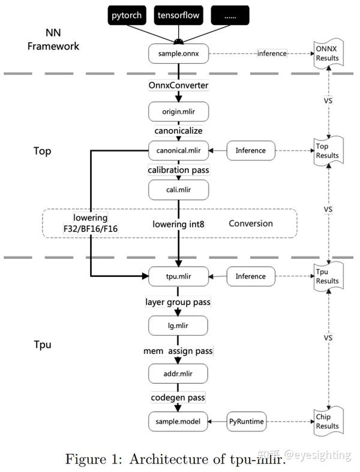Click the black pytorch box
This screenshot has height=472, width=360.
(x=127, y=16)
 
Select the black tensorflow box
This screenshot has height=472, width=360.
(x=178, y=16)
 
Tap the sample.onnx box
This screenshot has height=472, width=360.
(x=178, y=53)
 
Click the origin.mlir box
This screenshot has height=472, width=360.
(x=178, y=112)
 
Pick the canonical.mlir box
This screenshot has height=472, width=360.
(x=178, y=151)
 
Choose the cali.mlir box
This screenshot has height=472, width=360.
(x=178, y=190)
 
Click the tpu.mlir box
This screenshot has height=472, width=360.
(x=178, y=276)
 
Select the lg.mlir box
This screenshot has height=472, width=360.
(x=178, y=325)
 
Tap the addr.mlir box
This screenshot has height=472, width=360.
(x=178, y=374)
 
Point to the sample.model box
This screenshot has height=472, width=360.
(x=178, y=422)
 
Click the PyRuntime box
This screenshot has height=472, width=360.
(x=247, y=422)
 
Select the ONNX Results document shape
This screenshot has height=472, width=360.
(x=328, y=53)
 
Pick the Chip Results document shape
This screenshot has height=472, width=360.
(x=328, y=422)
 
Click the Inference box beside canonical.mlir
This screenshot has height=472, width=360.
(x=251, y=151)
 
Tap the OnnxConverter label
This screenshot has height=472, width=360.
(x=178, y=85)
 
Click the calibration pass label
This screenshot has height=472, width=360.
(x=178, y=170)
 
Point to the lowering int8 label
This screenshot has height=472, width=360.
(x=178, y=224)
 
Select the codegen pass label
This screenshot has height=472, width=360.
(x=178, y=398)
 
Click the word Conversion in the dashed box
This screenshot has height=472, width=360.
(x=251, y=223)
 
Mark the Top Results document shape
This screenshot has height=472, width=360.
(x=328, y=151)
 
